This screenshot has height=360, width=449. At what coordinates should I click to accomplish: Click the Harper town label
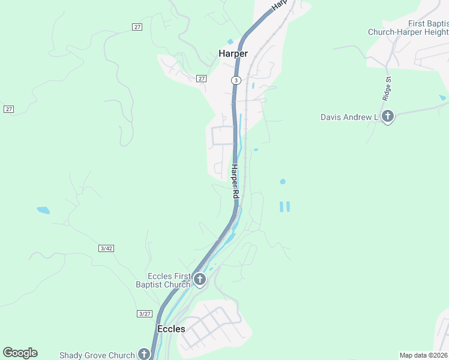[233, 53]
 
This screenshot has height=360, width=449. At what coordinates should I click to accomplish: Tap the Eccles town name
[171, 329]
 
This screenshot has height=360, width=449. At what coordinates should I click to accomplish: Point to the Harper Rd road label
[235, 182]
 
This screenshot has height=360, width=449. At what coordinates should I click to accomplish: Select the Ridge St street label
[387, 88]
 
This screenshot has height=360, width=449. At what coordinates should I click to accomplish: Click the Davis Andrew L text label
[349, 117]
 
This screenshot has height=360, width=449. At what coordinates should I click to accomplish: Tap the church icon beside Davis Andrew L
[388, 116]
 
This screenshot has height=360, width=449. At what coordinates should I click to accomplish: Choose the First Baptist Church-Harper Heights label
[408, 28]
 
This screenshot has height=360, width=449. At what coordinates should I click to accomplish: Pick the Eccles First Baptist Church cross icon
[200, 279]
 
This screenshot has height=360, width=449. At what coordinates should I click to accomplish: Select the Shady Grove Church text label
[97, 355]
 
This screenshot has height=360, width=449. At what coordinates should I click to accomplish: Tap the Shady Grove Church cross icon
[144, 354]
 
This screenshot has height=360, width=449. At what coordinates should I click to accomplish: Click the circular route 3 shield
[237, 80]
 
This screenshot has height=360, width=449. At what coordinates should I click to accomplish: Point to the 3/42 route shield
[106, 248]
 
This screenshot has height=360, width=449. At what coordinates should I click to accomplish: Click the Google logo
[20, 353]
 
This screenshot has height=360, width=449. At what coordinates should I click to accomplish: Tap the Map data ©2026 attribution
[423, 355]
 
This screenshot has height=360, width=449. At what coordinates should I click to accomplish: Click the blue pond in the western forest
[43, 210]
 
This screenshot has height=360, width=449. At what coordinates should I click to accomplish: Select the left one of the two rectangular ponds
[281, 206]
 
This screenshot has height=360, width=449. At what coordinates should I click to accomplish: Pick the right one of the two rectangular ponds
[288, 206]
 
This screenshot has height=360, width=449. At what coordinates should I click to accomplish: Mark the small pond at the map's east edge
[442, 97]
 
